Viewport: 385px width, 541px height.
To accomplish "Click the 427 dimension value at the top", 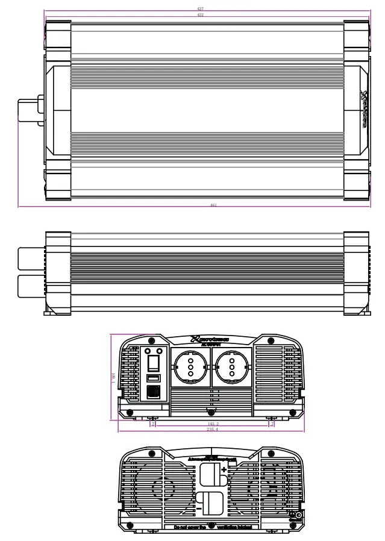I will tap(200, 9).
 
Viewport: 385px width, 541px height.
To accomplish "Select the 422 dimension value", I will tap(200, 14).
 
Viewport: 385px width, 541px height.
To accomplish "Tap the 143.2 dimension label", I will tap(211, 424).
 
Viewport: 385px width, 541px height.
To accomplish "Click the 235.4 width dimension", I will tap(211, 430).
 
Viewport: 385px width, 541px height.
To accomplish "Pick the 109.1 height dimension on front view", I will tap(113, 377).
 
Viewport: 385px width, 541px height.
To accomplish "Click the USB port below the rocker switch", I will tap(154, 378).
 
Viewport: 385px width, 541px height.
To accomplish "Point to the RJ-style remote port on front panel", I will tap(154, 392).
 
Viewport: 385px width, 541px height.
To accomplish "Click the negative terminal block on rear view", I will tap(209, 503).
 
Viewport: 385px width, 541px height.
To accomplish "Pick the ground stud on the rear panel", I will tap(298, 515).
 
